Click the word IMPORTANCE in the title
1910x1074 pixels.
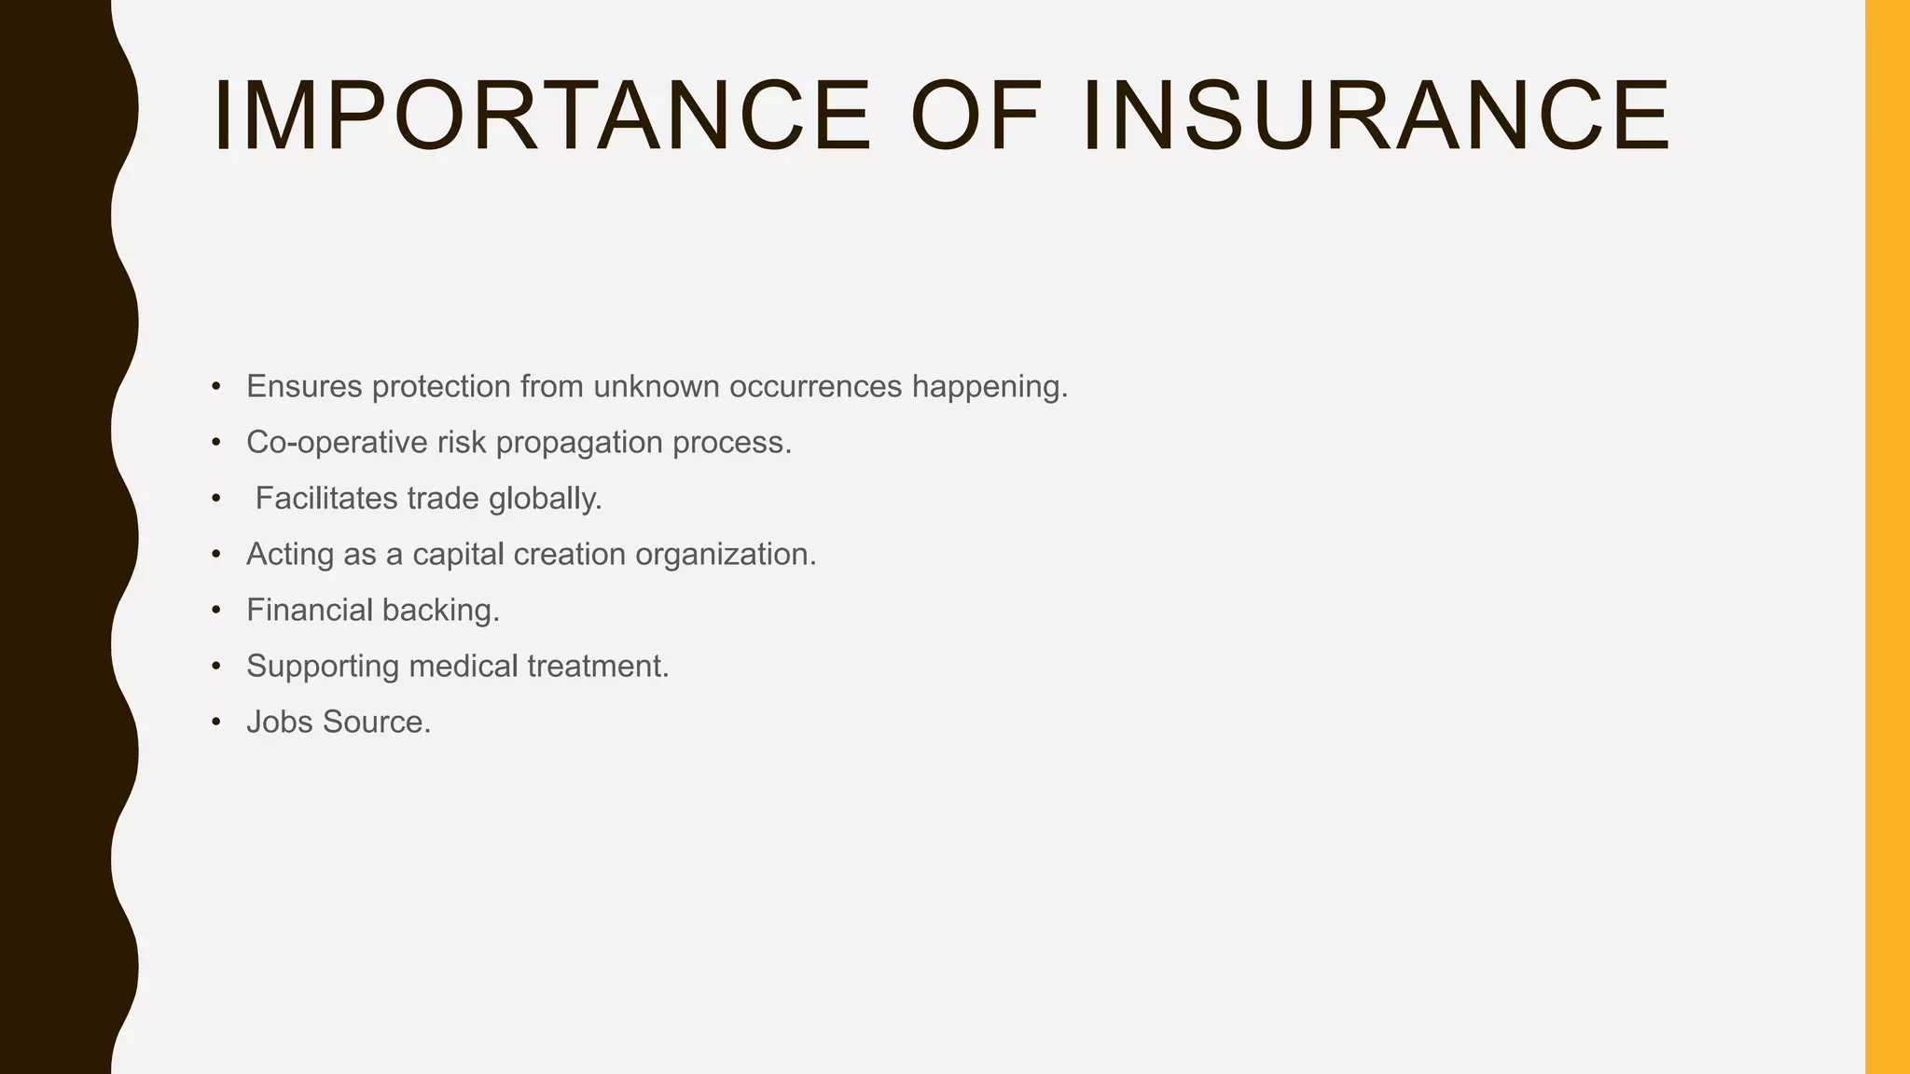click(x=542, y=116)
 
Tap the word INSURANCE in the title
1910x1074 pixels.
click(x=1377, y=116)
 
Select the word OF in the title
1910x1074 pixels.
click(x=976, y=116)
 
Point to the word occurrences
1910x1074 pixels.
click(x=815, y=386)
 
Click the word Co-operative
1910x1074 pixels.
click(x=337, y=443)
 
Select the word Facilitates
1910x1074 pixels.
click(x=326, y=498)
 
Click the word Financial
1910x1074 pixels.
click(x=309, y=610)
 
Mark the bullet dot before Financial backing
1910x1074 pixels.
click(x=216, y=611)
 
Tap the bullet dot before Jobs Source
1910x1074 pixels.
click(x=216, y=723)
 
